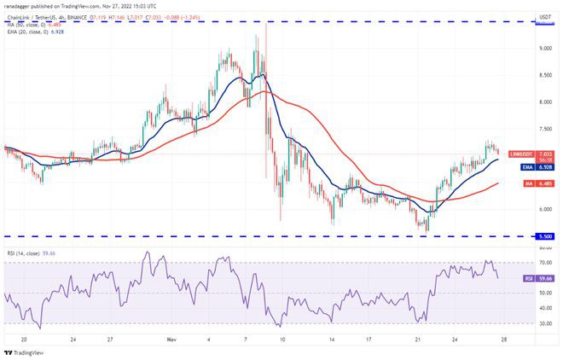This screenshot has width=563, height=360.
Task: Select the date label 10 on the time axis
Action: tap(281, 338)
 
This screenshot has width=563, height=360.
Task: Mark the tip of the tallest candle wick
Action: tap(267, 23)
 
